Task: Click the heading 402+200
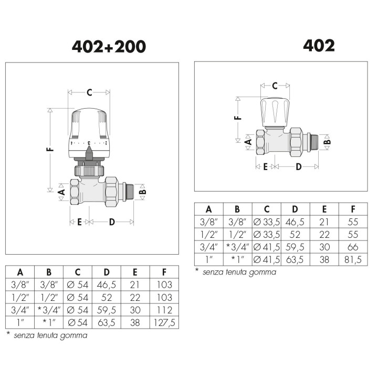click(109, 47)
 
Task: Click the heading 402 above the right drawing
click(319, 46)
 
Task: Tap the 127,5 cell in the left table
click(164, 322)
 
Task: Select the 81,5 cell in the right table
click(353, 260)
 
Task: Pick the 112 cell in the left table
click(164, 310)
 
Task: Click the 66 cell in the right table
click(353, 247)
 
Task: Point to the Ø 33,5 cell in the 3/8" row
click(267, 222)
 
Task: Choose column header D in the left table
click(106, 272)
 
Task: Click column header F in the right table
click(353, 209)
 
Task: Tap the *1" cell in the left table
click(49, 322)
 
